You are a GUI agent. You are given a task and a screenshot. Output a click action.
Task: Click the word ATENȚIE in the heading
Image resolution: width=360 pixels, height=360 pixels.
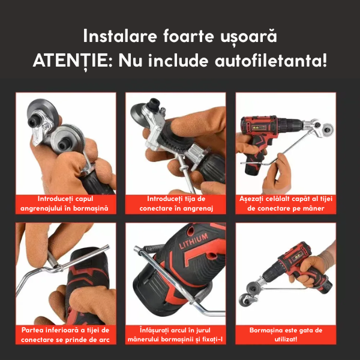click(73, 61)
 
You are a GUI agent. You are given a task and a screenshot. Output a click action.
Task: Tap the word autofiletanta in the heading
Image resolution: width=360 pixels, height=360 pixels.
click(271, 60)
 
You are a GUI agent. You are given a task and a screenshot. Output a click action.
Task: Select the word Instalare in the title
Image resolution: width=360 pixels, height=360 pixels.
click(120, 36)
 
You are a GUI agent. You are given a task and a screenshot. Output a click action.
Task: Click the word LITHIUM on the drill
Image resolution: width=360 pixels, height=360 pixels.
click(194, 241)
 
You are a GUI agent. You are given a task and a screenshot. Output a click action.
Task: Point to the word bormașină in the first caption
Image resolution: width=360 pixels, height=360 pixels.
click(91, 208)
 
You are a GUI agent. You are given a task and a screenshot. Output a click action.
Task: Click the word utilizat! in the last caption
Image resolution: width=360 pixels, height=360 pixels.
click(286, 339)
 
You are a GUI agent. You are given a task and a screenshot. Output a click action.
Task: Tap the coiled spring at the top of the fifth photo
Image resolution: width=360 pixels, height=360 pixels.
click(151, 248)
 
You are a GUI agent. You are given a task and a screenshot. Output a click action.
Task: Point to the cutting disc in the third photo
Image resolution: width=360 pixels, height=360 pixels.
click(327, 128)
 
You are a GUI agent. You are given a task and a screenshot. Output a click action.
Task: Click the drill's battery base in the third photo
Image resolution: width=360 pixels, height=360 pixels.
click(253, 165)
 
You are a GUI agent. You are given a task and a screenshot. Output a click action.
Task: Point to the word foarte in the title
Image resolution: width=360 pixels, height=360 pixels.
click(188, 36)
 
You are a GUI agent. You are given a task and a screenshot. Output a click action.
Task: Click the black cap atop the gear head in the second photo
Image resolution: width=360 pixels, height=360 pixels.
click(153, 104)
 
